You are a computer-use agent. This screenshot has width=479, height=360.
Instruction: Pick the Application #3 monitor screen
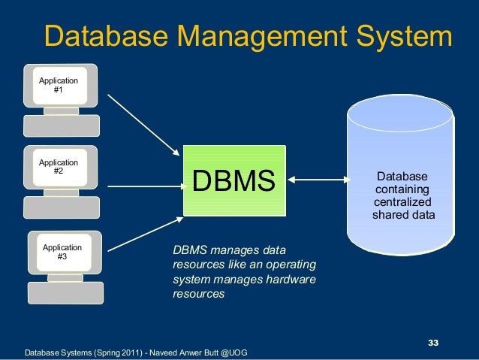(x=63, y=251)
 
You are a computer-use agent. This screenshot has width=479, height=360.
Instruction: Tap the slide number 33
(x=432, y=343)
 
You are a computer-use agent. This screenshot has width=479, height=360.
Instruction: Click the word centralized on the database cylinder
(x=403, y=203)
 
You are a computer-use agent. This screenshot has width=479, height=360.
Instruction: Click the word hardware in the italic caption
(x=292, y=280)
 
